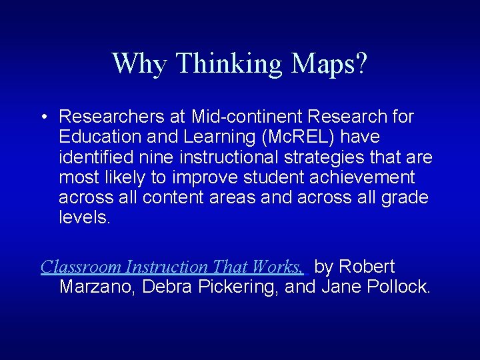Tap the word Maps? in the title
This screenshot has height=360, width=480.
[329, 63]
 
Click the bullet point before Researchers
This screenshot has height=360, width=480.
[42, 117]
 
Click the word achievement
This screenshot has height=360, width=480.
[361, 177]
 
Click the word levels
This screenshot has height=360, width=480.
[84, 217]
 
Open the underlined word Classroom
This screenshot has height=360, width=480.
[82, 267]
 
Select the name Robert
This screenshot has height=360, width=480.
[366, 267]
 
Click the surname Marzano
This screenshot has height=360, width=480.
[99, 287]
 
